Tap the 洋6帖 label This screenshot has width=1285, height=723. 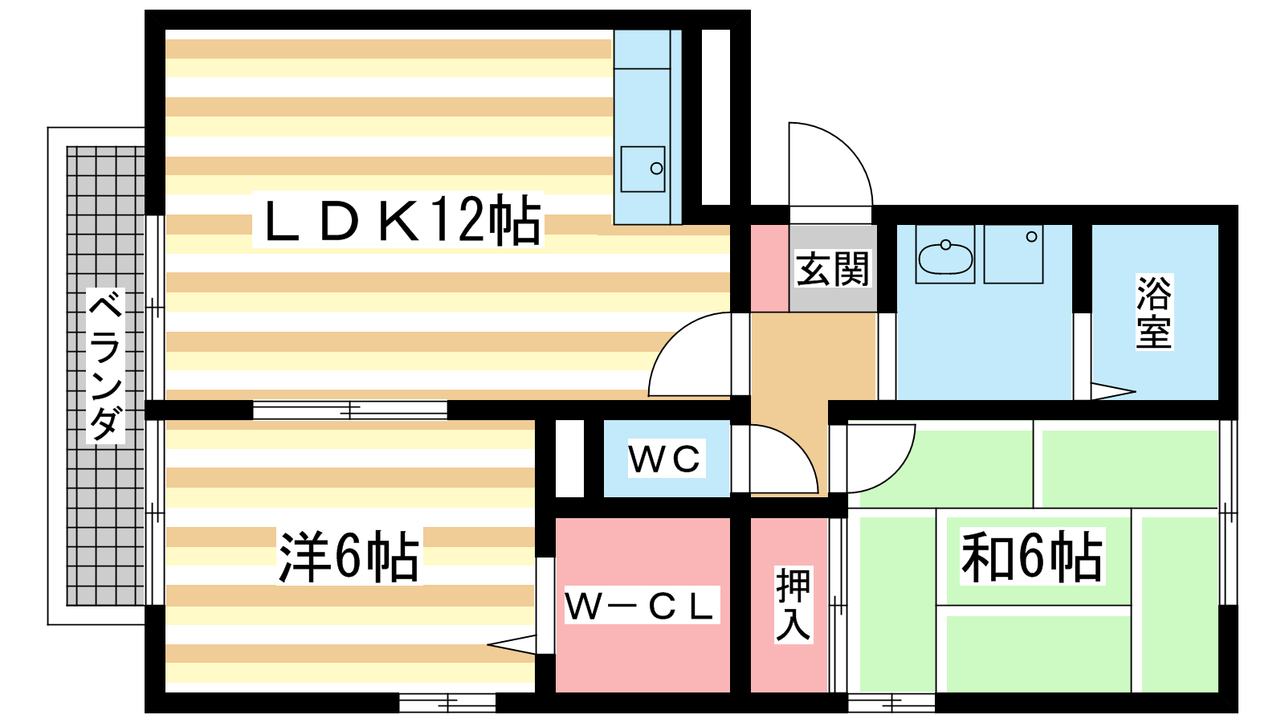tap(349, 556)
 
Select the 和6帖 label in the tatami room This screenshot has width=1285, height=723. tap(1032, 556)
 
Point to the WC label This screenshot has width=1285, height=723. tap(665, 459)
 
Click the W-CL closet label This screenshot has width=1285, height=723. tap(641, 606)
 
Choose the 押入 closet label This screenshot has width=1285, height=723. tap(793, 604)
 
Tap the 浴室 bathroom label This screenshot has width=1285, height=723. tap(1154, 312)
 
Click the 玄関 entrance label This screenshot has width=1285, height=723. tap(832, 268)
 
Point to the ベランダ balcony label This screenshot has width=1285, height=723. tap(105, 366)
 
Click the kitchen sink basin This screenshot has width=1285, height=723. tap(643, 169)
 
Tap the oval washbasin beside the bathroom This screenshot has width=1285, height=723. tap(945, 258)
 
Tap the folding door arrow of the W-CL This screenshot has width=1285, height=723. tap(512, 644)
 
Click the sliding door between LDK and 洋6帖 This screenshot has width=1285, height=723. tap(350, 410)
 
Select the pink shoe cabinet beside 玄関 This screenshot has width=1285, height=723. tap(769, 268)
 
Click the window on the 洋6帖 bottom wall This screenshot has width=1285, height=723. tap(447, 702)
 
